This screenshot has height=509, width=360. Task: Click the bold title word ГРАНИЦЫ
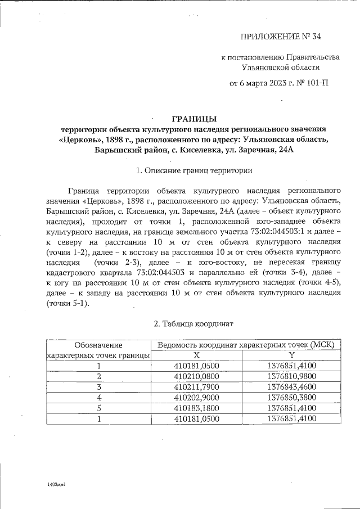[x=193, y=118]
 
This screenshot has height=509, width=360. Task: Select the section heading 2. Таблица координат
[x=193, y=324]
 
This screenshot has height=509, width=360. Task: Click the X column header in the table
[x=196, y=355]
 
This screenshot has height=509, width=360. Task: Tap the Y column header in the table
[x=291, y=355]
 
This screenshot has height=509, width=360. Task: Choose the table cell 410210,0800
[x=196, y=376]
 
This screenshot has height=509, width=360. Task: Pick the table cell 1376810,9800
[x=291, y=376]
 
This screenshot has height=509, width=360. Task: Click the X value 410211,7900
[x=196, y=386]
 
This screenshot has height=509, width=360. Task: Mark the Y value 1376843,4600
[x=291, y=386]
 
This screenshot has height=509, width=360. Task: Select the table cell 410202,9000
[x=196, y=397]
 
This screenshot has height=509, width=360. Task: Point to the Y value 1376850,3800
[x=291, y=397]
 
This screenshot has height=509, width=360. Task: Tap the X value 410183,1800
[x=196, y=408]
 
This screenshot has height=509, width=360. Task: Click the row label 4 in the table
[x=99, y=397]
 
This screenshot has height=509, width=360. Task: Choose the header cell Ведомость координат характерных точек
[x=246, y=344]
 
